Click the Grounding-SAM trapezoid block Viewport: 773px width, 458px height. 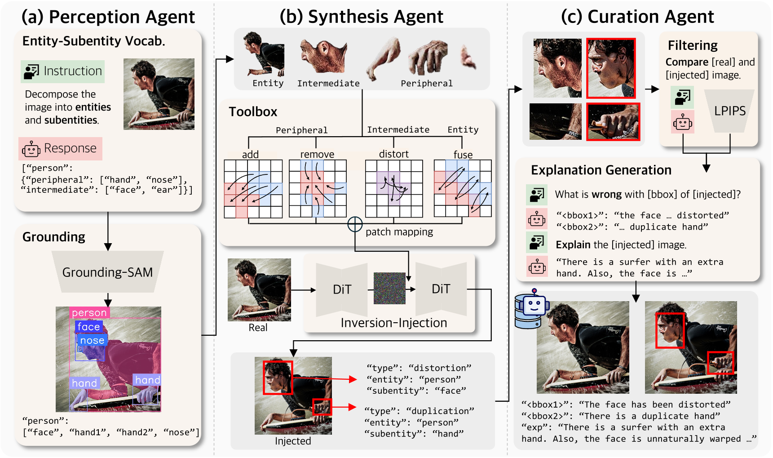tap(107, 272)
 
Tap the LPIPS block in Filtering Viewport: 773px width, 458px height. tap(729, 111)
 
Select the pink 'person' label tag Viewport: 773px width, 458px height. tap(89, 312)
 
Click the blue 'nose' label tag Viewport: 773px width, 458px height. tap(92, 340)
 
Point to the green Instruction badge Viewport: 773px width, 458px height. tap(62, 71)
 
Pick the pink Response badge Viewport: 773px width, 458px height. tap(60, 149)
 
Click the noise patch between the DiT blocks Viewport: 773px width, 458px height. tap(389, 289)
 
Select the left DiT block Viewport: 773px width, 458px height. tap(342, 289)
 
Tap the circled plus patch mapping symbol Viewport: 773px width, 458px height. tap(355, 224)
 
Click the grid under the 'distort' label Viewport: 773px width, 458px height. tap(394, 188)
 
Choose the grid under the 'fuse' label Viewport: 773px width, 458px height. tap(463, 188)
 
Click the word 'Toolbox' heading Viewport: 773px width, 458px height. tap(253, 112)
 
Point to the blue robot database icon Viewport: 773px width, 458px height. tap(531, 309)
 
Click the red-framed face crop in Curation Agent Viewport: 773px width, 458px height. tap(611, 68)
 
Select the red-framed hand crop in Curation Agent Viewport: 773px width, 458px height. tap(613, 122)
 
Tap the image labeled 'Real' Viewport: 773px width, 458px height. tap(259, 289)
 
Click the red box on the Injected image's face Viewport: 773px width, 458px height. tap(278, 377)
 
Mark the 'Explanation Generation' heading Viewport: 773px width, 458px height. tap(601, 170)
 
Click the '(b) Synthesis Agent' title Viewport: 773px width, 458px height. tap(361, 17)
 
